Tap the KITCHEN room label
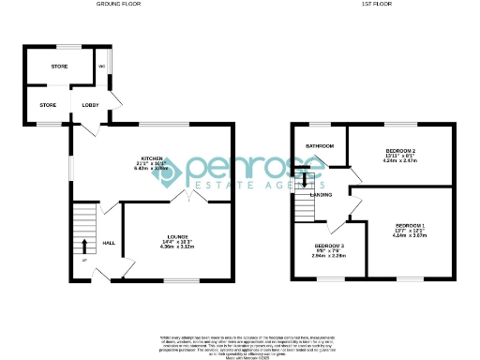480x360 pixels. point(153,157)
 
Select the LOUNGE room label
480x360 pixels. point(177,235)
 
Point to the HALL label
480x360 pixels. point(108,244)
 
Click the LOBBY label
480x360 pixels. point(91,105)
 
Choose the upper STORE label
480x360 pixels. point(59,67)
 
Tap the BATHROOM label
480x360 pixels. point(320,145)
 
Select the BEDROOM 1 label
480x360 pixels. point(410,226)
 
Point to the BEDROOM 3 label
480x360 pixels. point(329,246)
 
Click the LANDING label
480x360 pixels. point(320,194)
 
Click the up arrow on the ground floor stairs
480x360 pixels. point(83,247)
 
